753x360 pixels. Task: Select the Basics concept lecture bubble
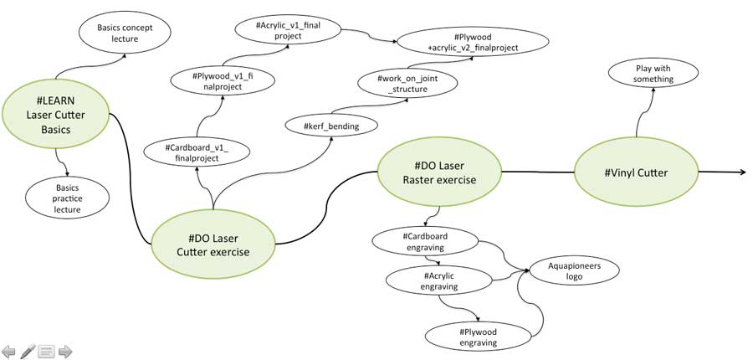click(125, 33)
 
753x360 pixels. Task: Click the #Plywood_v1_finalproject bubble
click(222, 81)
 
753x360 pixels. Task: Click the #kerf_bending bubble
click(333, 126)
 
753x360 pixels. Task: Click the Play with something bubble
click(641, 74)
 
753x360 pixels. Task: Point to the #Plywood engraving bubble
click(479, 337)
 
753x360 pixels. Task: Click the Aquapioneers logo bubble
click(573, 271)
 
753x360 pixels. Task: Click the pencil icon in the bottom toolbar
click(28, 350)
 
